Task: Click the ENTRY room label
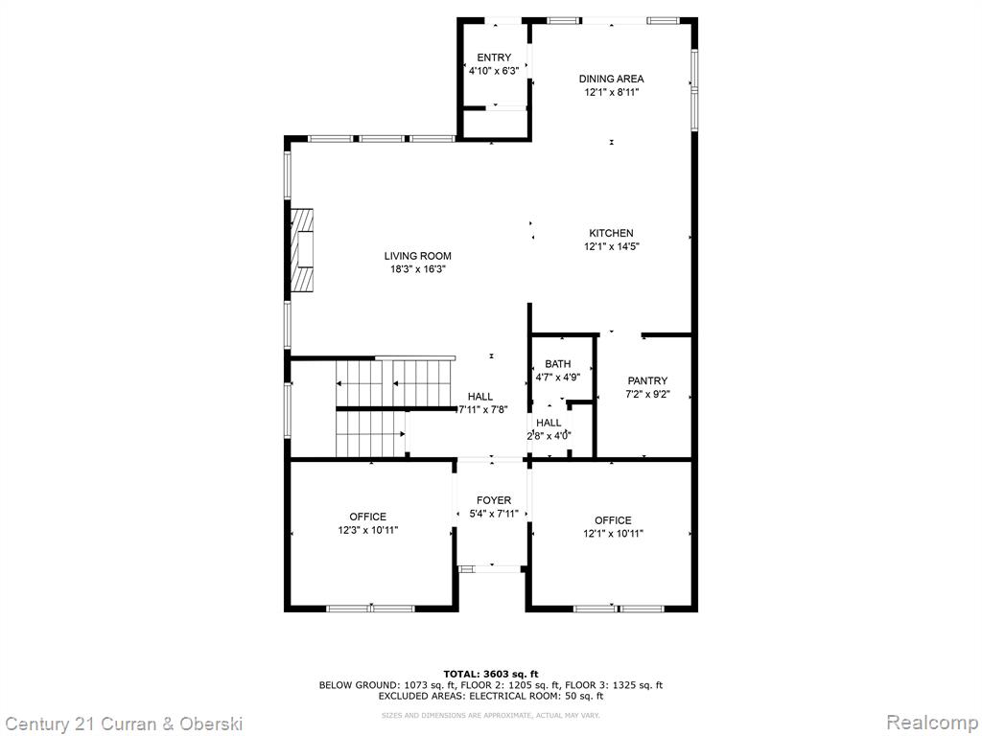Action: [x=494, y=57]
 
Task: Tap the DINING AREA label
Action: [x=611, y=79]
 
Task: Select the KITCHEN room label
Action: [x=611, y=234]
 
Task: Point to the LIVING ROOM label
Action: [x=418, y=256]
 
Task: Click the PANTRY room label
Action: [x=647, y=380]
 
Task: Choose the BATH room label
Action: [x=558, y=363]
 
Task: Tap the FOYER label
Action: [x=494, y=500]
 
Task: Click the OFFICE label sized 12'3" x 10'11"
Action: [x=367, y=517]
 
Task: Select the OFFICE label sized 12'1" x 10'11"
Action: [x=613, y=520]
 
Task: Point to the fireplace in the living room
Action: [x=301, y=250]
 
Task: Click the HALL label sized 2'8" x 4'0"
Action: [x=549, y=423]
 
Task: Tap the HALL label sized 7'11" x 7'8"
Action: [x=480, y=396]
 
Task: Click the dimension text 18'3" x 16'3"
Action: [x=418, y=269]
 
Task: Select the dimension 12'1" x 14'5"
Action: [x=611, y=246]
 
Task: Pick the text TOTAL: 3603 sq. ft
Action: [x=491, y=674]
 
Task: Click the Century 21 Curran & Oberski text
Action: [x=124, y=724]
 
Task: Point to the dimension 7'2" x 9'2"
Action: [x=647, y=394]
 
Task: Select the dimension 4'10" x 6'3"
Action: [x=494, y=71]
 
